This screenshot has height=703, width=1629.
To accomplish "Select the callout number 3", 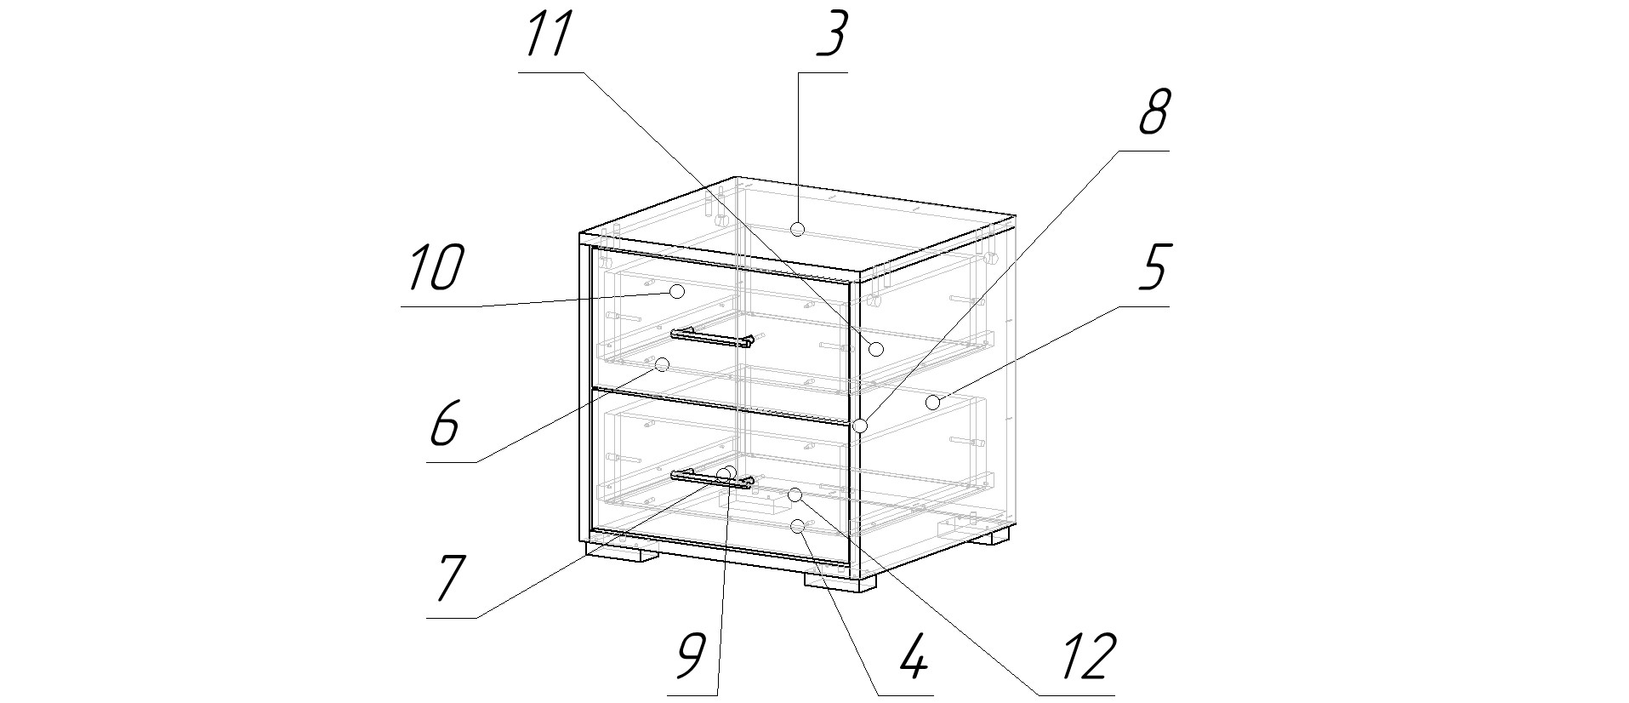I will pos(831,36).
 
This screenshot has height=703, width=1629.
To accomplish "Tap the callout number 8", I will pos(1153,113).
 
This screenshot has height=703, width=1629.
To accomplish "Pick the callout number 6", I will pos(444,423).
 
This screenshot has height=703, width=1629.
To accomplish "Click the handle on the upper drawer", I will pos(711,338).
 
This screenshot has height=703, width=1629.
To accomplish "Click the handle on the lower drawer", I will pos(711,480).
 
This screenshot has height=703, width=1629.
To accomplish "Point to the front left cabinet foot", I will pos(622,554).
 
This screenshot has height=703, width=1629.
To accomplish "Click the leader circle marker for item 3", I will pos(797,229).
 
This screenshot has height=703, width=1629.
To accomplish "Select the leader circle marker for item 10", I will pos(677,292).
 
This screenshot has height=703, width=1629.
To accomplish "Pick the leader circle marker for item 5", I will pos(933,403).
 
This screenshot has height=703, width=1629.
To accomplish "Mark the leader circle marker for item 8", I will pos(861,426).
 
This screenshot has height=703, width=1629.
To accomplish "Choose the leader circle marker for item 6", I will pos(663,365).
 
